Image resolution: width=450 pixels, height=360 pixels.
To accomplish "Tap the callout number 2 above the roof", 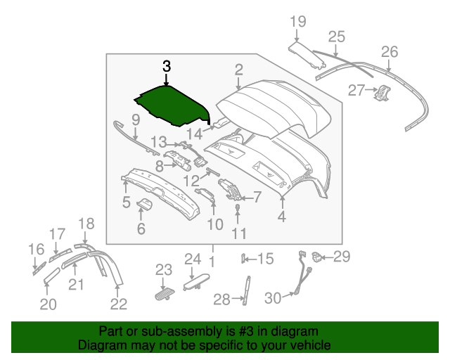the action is (x=239, y=69).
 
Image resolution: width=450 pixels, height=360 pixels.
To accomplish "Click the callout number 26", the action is (x=389, y=51).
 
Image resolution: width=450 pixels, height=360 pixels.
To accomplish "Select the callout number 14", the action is (x=193, y=132).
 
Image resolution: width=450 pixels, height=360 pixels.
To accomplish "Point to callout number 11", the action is (x=240, y=233).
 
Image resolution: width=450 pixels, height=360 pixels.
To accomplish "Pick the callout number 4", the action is (x=281, y=217).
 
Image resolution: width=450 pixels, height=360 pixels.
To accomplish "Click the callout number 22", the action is (x=119, y=304).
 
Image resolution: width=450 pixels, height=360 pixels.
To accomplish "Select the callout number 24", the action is (x=193, y=259).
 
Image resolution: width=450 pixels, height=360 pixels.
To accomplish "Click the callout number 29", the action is (x=342, y=257).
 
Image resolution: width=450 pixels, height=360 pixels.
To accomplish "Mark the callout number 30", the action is (x=273, y=299).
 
